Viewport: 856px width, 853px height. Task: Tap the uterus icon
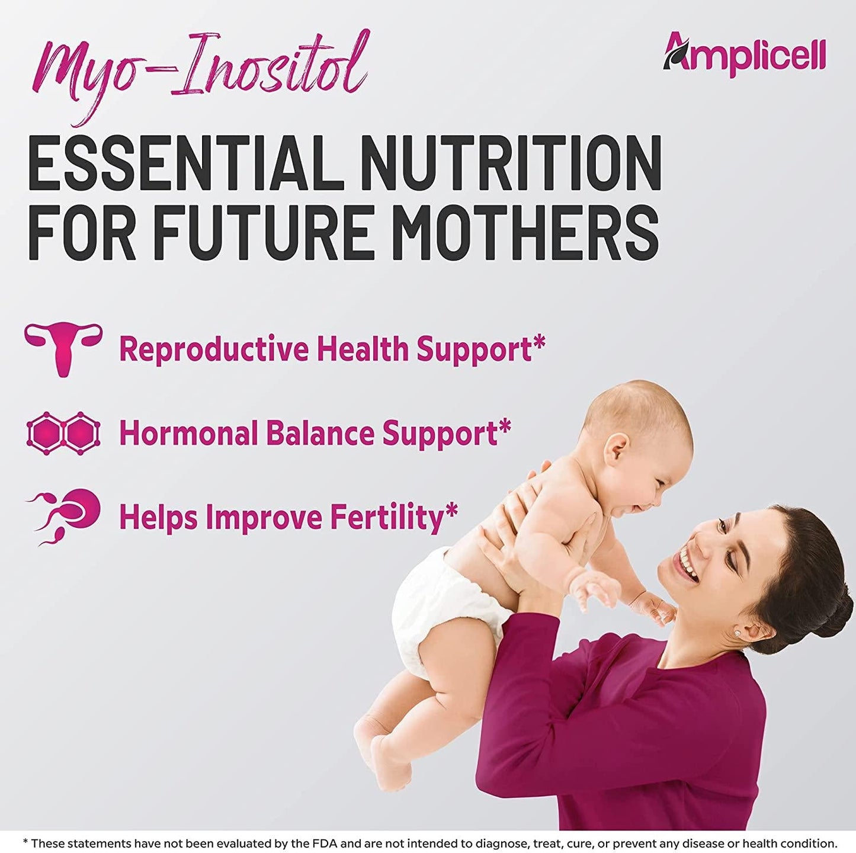coord(63,348)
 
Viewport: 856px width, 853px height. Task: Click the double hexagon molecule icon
coord(63,433)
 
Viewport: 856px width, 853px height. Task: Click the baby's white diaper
coord(438,610)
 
